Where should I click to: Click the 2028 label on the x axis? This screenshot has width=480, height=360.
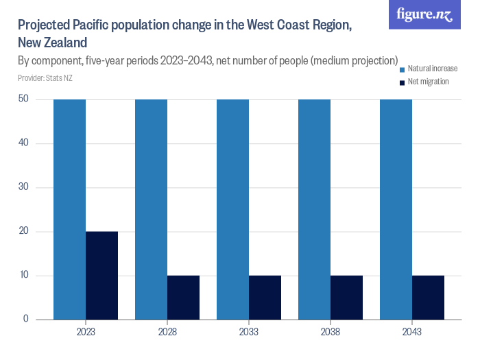(x=167, y=332)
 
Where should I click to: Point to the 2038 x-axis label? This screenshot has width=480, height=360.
(x=331, y=332)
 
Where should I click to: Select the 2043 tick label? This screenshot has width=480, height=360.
(x=412, y=332)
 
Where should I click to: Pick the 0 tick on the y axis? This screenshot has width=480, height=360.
(x=25, y=320)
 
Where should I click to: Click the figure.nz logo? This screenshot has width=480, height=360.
(x=425, y=14)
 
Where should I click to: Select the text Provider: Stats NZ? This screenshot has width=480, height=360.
(x=45, y=78)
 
